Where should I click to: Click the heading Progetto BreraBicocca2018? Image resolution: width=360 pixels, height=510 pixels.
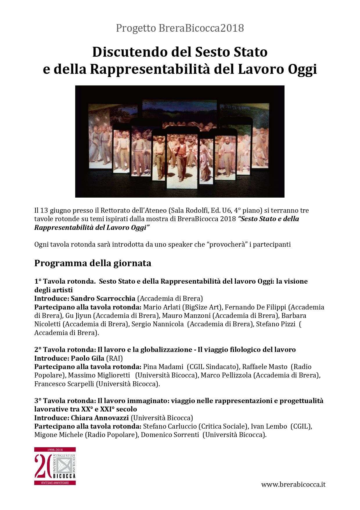[180, 28]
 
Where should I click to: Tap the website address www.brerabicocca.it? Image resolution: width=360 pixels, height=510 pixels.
[293, 484]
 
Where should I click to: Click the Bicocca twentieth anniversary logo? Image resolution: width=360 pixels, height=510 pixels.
[55, 466]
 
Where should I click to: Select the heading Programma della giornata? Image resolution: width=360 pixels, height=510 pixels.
[93, 263]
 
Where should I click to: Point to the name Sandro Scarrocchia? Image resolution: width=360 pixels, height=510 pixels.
[103, 298]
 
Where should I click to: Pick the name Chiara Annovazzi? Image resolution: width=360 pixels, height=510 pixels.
[100, 418]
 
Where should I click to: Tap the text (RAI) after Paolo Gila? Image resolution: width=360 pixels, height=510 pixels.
[115, 358]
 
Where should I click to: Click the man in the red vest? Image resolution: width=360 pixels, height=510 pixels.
[182, 154]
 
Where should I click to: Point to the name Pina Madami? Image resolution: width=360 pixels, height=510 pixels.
[163, 367]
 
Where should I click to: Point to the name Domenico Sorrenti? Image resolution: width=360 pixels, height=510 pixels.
[170, 435]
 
